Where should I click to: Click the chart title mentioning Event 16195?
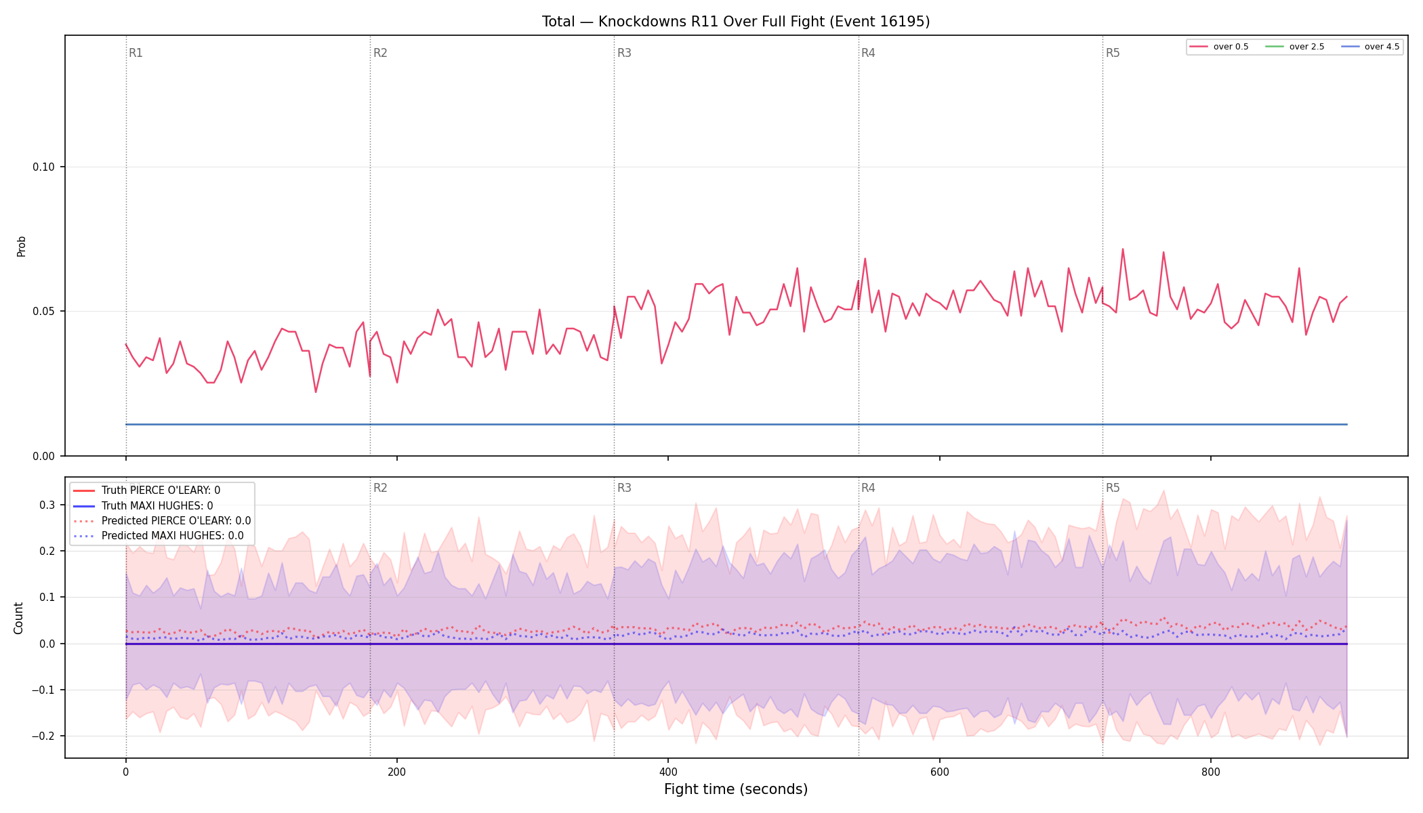(x=736, y=22)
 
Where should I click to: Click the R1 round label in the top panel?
(x=136, y=53)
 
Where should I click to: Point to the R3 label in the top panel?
(x=624, y=53)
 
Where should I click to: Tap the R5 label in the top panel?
(x=1113, y=53)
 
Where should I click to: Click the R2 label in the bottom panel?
(x=380, y=488)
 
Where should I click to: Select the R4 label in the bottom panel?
(x=868, y=488)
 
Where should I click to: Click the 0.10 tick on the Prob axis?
(x=44, y=167)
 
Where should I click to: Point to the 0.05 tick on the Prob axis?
(x=44, y=312)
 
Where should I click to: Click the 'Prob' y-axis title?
(x=22, y=246)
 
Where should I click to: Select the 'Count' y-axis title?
(x=18, y=618)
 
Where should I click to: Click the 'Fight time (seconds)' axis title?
(x=736, y=789)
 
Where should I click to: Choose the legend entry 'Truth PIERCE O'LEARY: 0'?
(x=161, y=491)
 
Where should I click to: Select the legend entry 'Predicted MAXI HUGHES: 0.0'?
(x=172, y=536)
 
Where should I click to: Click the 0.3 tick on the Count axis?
(x=47, y=505)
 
